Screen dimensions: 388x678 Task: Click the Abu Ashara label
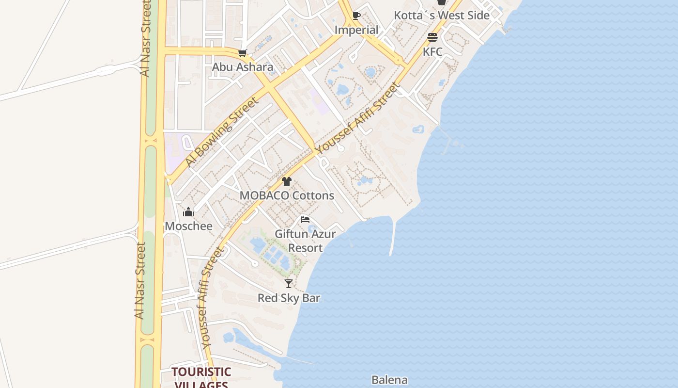(243, 67)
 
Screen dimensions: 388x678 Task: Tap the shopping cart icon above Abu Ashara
(243, 53)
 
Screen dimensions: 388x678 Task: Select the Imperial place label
(356, 30)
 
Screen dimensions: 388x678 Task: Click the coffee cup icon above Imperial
(356, 16)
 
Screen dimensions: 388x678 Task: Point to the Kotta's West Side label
(441, 16)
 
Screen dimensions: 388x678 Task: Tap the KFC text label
(432, 51)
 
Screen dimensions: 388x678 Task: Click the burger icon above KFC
(432, 37)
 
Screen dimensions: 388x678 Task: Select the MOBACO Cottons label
(287, 195)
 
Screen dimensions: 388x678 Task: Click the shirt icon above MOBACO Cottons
(287, 182)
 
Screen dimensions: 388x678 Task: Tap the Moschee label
(188, 226)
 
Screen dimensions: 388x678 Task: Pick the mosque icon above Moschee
(188, 212)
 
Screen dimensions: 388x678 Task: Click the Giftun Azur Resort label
(305, 241)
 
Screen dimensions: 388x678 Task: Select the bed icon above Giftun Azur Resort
(305, 220)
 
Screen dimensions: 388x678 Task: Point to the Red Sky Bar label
(289, 298)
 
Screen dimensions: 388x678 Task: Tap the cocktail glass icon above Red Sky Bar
(289, 284)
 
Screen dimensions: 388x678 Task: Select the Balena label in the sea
(389, 380)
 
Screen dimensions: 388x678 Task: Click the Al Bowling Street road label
(221, 132)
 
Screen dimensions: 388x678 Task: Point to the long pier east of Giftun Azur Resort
(393, 238)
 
